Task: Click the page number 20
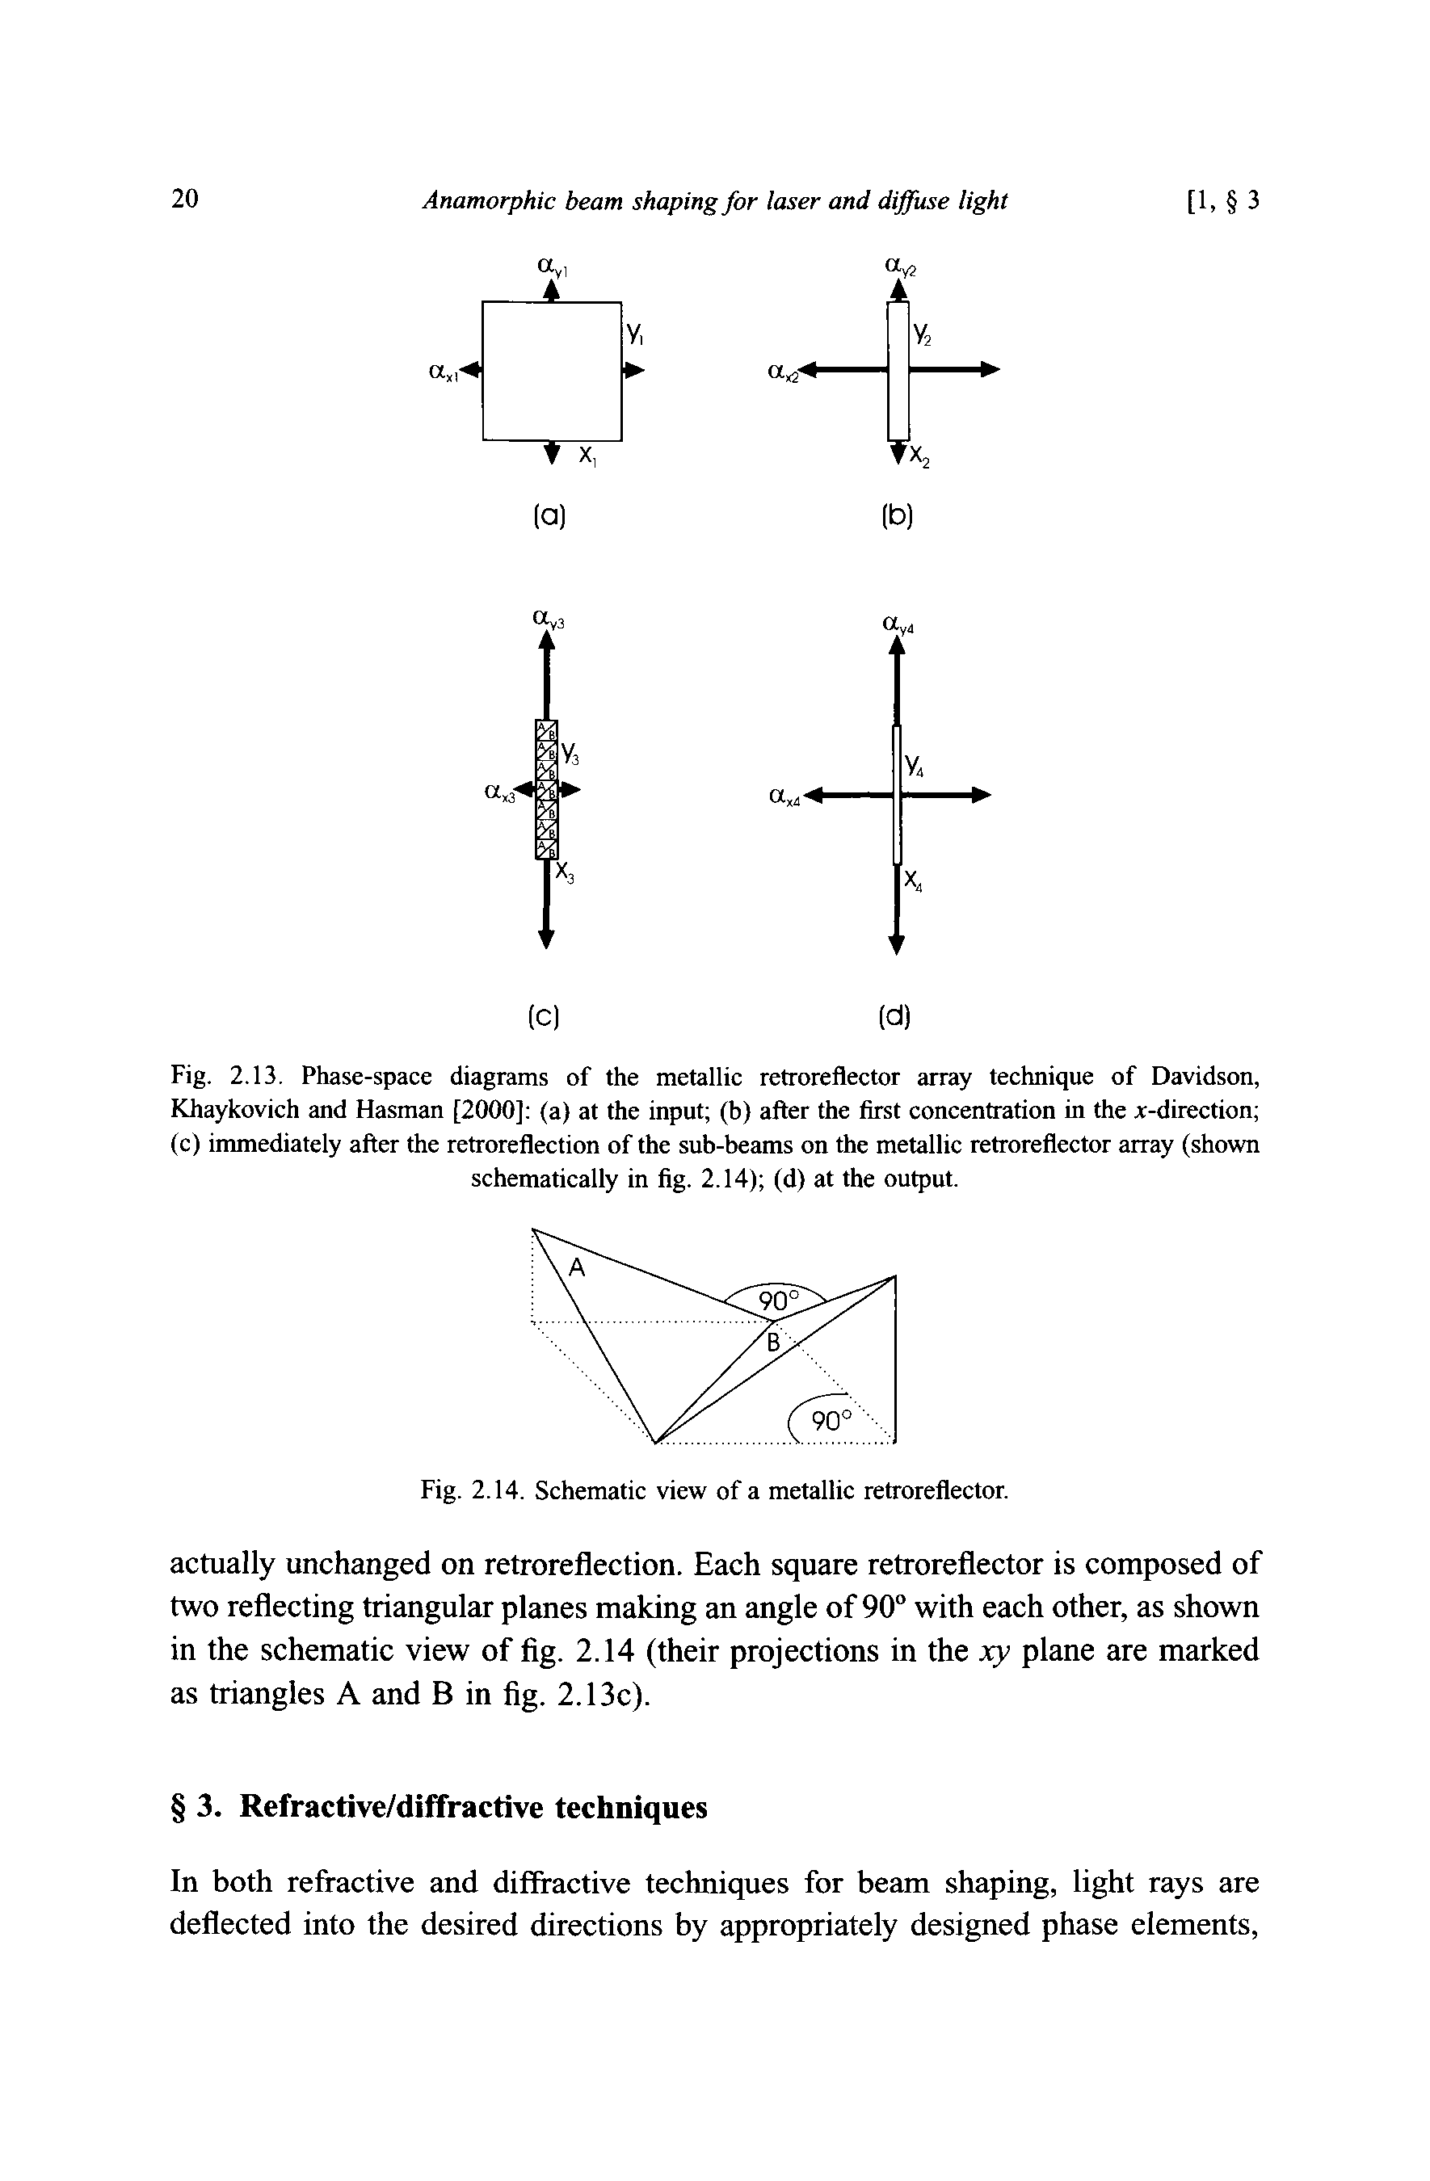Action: [x=184, y=199]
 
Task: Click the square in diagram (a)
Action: [x=552, y=370]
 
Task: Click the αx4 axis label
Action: [x=785, y=799]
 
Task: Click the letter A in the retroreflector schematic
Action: [x=577, y=1267]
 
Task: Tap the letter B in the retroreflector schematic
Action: [x=772, y=1343]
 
